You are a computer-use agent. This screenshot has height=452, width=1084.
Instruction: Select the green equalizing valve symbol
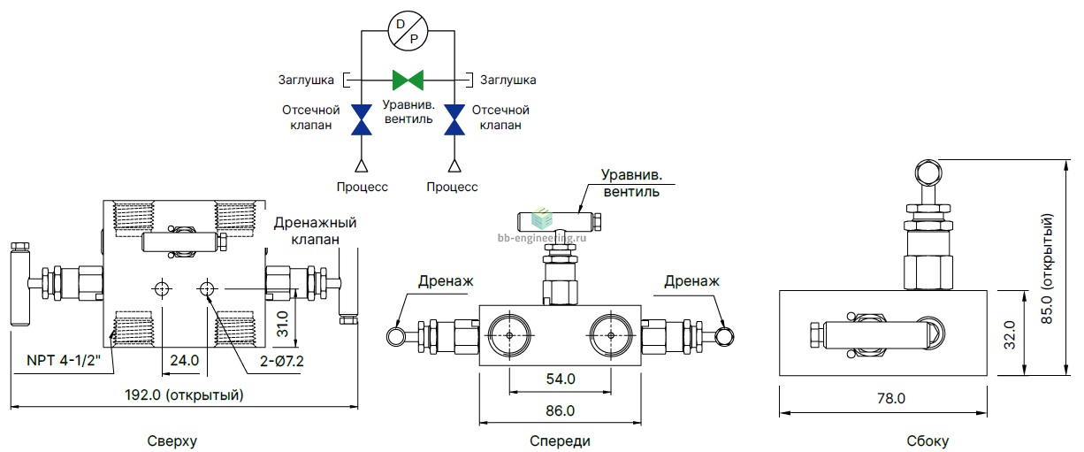point(408,80)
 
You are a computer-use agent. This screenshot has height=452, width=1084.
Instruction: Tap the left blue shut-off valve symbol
point(362,119)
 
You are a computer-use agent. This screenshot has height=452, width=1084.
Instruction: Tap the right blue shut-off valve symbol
point(454,119)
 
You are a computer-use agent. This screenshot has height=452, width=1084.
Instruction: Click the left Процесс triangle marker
point(362,166)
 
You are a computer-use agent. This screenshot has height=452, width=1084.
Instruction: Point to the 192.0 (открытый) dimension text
point(185,395)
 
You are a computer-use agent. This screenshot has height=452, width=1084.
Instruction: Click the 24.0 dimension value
point(185,361)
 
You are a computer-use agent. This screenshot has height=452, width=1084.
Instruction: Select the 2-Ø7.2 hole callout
point(282,361)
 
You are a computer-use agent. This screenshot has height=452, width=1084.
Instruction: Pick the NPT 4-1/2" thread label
point(64,361)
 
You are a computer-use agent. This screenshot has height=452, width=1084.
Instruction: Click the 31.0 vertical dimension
point(283,325)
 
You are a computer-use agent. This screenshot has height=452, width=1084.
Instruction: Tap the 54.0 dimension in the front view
point(561,379)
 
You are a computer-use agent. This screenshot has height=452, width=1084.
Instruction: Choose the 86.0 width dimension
point(560,410)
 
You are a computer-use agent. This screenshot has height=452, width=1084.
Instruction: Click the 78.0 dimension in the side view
point(891,398)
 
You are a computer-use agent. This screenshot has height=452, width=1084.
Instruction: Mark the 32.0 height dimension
point(1010,334)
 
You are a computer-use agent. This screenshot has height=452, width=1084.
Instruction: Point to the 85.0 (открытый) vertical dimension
point(1046,269)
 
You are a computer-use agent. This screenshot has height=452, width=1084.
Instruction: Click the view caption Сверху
point(172,441)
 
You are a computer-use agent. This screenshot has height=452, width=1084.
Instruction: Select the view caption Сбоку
point(928,441)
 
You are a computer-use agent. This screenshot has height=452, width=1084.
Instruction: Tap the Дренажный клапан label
point(315,231)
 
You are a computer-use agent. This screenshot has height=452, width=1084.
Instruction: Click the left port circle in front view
point(509,335)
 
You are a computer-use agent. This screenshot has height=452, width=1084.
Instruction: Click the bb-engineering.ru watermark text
point(541,238)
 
